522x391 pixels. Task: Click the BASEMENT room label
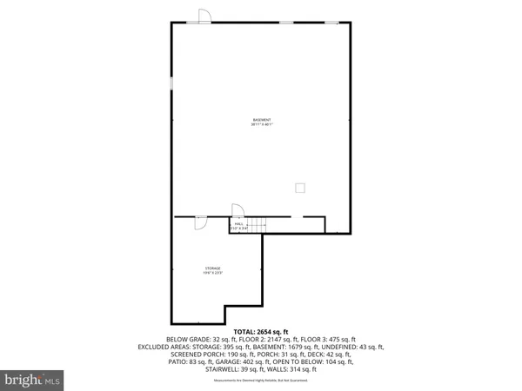[x=262, y=119]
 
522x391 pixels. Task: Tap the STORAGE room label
[x=213, y=268]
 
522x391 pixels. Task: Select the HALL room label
[x=238, y=223]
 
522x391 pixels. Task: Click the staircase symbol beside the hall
[x=255, y=225]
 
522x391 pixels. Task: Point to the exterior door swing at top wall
[x=203, y=16]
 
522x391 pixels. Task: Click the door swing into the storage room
[x=200, y=222]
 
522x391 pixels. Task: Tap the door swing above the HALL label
[x=235, y=209]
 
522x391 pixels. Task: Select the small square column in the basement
[x=300, y=187]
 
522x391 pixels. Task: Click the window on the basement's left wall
[x=171, y=83]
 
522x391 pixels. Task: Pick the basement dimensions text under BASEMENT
[x=262, y=124]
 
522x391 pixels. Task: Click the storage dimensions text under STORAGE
[x=213, y=274]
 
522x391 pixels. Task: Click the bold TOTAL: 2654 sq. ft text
[x=261, y=332]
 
